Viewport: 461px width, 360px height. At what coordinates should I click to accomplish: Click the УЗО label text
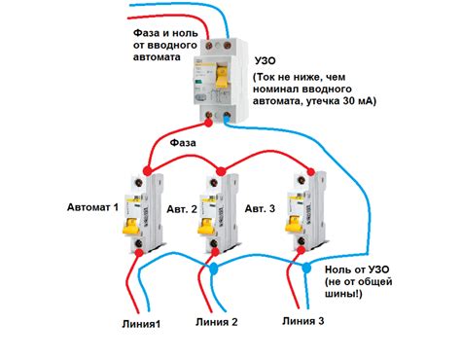click(x=265, y=60)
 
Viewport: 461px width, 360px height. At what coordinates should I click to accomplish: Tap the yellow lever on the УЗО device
click(x=222, y=76)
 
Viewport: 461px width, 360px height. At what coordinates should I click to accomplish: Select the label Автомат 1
click(x=92, y=207)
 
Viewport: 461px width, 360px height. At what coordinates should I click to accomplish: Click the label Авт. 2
click(x=182, y=209)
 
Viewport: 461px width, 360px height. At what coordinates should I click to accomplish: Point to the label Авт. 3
click(x=260, y=208)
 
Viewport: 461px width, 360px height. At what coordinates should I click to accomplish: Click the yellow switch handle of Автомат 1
click(x=130, y=226)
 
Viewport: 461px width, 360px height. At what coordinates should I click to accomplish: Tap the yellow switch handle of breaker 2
click(x=206, y=226)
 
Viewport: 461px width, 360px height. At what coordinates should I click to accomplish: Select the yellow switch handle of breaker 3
click(x=294, y=224)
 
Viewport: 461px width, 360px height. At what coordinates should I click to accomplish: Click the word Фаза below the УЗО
click(x=183, y=143)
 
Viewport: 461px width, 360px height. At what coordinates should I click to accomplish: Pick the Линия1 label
click(x=141, y=324)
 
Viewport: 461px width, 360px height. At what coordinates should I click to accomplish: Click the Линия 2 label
click(x=217, y=322)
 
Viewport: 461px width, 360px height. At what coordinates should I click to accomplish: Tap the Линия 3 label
click(x=303, y=321)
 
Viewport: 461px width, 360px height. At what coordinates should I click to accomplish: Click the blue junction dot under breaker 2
click(x=214, y=269)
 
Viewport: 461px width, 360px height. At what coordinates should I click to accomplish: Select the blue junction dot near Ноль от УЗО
click(x=306, y=268)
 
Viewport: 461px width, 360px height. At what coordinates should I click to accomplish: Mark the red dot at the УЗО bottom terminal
click(x=208, y=123)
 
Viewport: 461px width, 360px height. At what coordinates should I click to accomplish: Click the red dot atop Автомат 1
click(x=147, y=170)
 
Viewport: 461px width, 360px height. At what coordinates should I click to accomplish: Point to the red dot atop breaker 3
click(x=311, y=171)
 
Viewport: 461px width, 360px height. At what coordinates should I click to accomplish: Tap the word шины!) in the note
click(x=343, y=294)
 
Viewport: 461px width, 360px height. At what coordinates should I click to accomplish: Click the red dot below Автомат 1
click(x=139, y=253)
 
